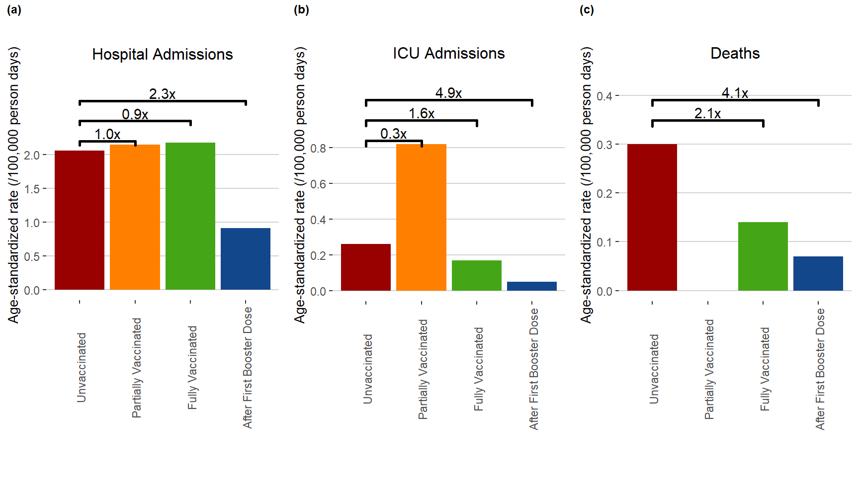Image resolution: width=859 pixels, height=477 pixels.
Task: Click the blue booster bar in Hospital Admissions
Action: click(246, 258)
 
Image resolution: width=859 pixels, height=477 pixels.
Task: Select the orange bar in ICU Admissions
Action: click(421, 217)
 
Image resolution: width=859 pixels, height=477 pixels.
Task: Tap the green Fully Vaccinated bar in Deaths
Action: click(763, 256)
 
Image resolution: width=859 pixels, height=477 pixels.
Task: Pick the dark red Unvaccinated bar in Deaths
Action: click(652, 217)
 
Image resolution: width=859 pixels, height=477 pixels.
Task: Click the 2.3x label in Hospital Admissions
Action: click(163, 94)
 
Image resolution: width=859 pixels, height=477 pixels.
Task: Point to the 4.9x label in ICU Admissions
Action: click(448, 93)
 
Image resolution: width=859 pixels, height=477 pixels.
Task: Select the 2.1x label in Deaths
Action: click(707, 114)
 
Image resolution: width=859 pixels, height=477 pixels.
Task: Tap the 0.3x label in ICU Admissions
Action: click(393, 134)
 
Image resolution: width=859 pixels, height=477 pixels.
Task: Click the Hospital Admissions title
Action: click(163, 54)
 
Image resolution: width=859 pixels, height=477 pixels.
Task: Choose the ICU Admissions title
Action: click(448, 53)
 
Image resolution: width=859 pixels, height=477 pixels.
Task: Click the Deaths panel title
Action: click(735, 53)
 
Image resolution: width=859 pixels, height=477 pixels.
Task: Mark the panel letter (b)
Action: click(301, 10)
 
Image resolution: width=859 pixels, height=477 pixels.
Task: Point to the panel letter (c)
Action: click(587, 10)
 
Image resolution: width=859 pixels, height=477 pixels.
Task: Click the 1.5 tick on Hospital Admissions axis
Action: click(32, 189)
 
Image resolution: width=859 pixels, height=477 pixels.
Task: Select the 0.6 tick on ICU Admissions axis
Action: click(318, 184)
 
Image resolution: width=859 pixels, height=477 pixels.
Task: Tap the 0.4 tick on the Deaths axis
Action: click(604, 96)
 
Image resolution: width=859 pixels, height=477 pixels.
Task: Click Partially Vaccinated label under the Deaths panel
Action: click(709, 369)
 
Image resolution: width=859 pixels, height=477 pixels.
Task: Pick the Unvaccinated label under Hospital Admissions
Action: click(81, 367)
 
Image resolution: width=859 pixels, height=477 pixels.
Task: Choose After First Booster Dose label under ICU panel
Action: click(533, 369)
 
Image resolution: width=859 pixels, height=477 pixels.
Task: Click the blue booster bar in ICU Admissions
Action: click(531, 286)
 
